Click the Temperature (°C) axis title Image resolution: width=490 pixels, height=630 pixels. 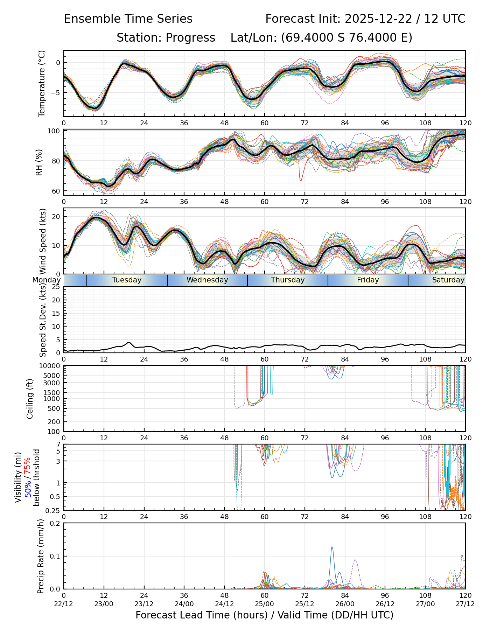coord(42,83)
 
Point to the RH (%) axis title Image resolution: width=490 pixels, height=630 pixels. coord(39,162)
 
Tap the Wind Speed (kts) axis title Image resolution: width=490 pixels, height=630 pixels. coord(43,241)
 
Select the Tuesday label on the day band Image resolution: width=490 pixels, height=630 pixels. coord(127,280)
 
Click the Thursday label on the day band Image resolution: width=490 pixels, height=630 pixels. coord(288,280)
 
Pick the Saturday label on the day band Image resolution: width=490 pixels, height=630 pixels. coord(448,280)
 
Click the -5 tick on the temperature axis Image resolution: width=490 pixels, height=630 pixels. coord(56,93)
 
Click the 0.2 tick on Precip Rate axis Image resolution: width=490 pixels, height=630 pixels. coord(55,523)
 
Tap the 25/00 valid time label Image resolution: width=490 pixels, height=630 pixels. coord(265,604)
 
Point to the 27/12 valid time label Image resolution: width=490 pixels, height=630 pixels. coord(465,604)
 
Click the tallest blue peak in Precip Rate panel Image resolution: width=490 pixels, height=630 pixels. coord(332,547)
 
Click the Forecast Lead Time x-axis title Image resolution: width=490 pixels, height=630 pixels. coord(264,615)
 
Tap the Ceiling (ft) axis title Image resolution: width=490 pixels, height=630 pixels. coord(30,399)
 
